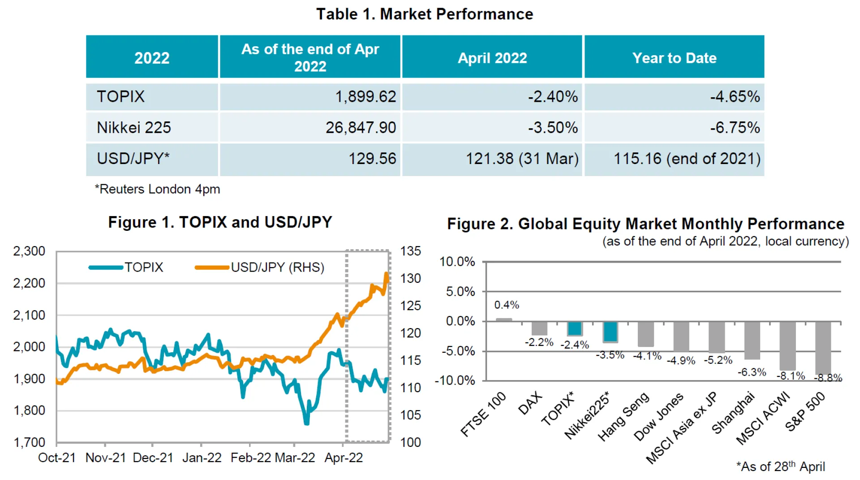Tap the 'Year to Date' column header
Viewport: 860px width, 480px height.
point(674,58)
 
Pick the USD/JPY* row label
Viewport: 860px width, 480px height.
point(133,159)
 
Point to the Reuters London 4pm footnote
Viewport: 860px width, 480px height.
point(158,189)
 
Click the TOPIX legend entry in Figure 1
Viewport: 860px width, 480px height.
point(126,268)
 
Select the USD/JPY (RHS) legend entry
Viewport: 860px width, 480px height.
point(260,268)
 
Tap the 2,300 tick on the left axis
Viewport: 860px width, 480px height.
point(29,251)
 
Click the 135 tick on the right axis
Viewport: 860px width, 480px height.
point(410,251)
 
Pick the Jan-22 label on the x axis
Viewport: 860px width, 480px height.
point(202,458)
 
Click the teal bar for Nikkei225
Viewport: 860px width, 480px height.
point(610,332)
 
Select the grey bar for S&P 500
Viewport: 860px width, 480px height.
point(823,348)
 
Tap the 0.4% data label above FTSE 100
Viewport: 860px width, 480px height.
point(507,305)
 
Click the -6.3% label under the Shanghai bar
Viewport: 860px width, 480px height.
point(752,372)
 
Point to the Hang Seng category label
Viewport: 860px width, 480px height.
point(623,416)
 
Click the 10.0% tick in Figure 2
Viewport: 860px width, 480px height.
point(457,262)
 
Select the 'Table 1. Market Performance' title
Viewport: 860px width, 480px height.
point(425,14)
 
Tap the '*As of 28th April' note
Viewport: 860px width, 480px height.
point(780,467)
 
